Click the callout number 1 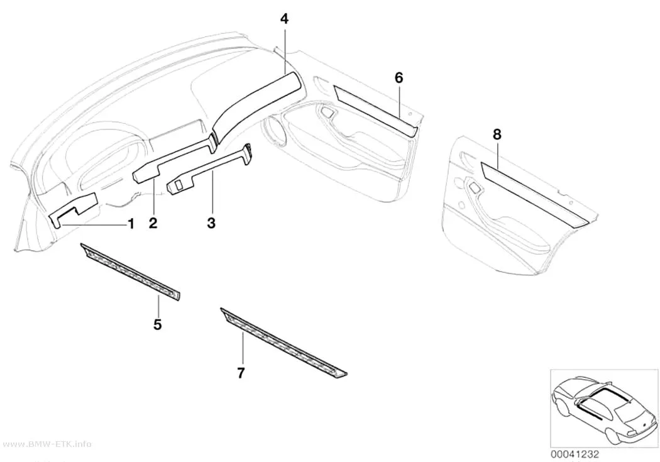[131, 223]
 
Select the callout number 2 [153, 223]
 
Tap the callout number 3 [211, 223]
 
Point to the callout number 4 [285, 19]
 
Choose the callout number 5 [157, 324]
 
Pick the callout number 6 [399, 77]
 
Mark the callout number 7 [241, 373]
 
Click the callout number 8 [497, 135]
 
